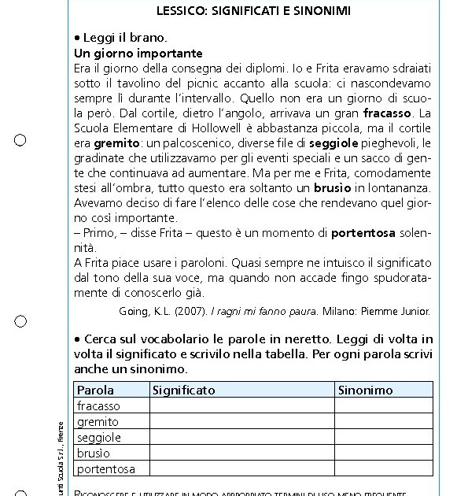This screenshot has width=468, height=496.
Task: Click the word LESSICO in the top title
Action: coord(182,11)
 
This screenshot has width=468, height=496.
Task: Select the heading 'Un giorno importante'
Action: coord(138,54)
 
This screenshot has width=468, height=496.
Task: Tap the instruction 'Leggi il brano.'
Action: coord(125,39)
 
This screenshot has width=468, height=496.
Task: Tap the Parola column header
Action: coord(95,390)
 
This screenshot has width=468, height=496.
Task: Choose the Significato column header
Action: coord(184,390)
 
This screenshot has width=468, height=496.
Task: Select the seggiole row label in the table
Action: coord(99,437)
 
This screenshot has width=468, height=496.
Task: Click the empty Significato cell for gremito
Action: coord(242,421)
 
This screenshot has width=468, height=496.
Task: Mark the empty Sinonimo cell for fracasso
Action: coord(383,405)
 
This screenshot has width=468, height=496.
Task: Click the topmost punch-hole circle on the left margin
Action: coord(20,140)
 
